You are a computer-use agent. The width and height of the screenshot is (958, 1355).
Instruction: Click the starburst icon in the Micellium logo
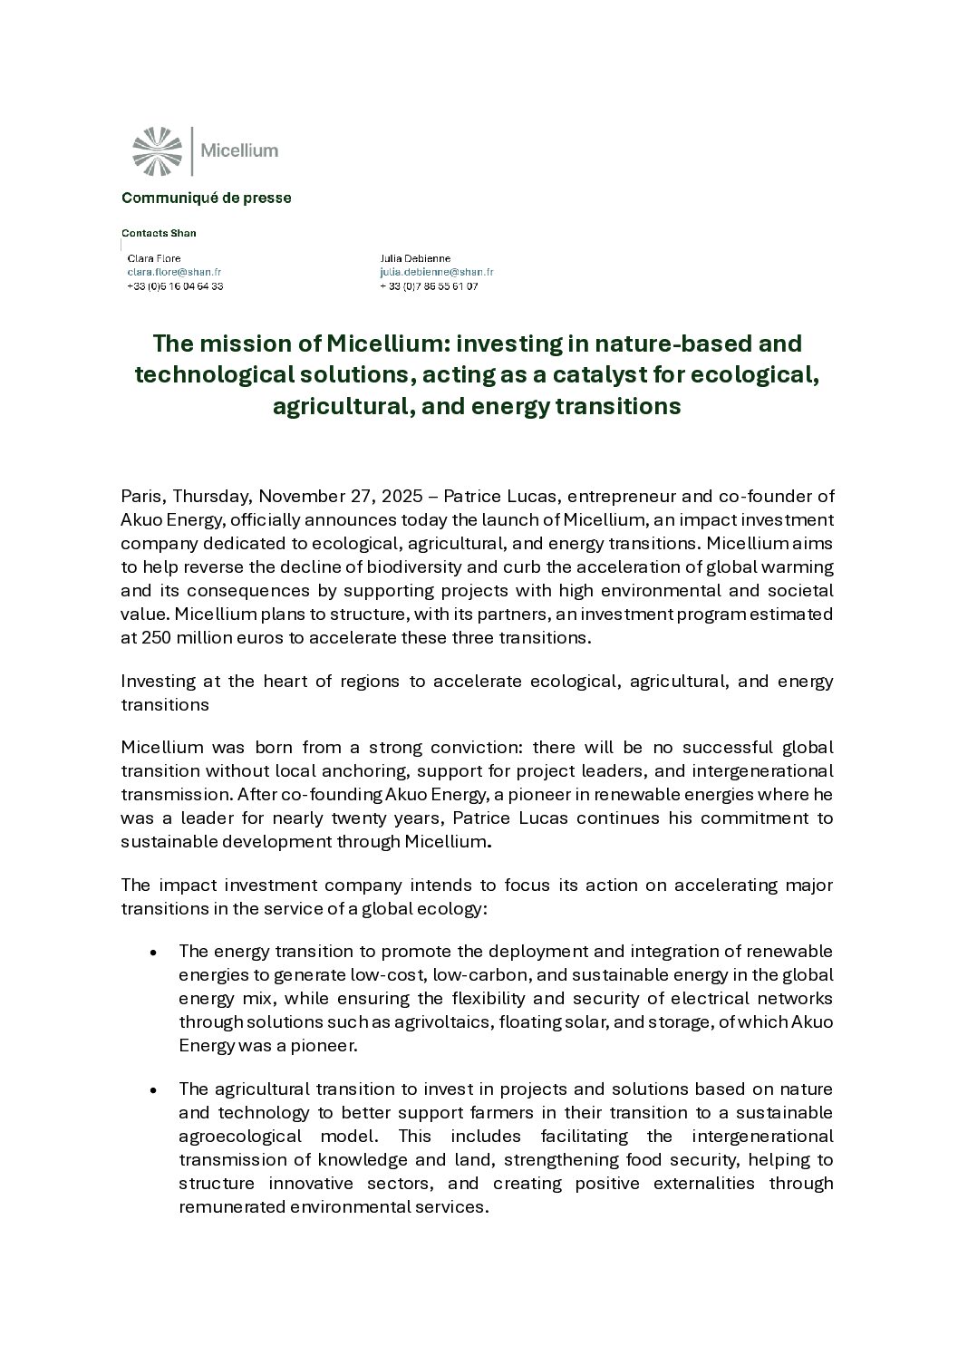tap(157, 151)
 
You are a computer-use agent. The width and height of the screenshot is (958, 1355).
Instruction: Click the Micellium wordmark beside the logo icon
tap(238, 150)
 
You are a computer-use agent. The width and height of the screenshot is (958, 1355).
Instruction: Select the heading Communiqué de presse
tap(207, 198)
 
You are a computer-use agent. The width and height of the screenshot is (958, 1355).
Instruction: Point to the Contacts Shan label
tap(160, 233)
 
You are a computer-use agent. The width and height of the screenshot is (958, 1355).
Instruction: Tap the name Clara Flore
tap(154, 258)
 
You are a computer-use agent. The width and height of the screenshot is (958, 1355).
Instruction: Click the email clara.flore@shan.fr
tap(174, 272)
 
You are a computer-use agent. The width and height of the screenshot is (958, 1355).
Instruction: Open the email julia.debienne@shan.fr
tap(437, 272)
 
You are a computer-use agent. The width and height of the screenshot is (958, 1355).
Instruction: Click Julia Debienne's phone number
tap(429, 286)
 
